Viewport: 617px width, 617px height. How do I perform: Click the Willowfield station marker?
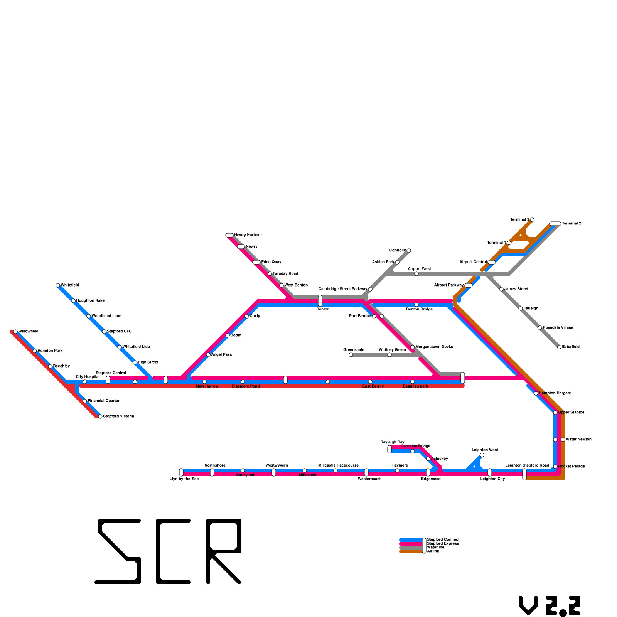tap(15, 332)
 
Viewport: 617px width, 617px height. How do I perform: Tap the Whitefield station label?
tap(70, 285)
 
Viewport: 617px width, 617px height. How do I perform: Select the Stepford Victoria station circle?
tap(100, 416)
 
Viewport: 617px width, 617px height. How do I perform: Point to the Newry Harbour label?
tap(248, 235)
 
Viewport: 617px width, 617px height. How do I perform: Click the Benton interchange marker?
tap(320, 301)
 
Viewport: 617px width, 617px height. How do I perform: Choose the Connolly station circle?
tap(409, 251)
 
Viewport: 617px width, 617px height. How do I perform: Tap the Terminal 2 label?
tap(571, 224)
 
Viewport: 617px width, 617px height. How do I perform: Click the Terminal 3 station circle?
tap(532, 220)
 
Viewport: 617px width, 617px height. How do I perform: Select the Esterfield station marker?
tap(559, 347)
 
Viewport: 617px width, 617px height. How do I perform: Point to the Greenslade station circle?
tap(351, 355)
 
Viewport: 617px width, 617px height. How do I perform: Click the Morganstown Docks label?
tap(434, 347)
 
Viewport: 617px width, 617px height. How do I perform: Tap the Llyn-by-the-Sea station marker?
tap(181, 472)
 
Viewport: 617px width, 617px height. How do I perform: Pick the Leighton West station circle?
tap(482, 455)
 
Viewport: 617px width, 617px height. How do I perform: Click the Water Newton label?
tap(578, 440)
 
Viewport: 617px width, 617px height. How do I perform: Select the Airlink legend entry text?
tap(433, 551)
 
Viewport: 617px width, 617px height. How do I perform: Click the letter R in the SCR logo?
tap(224, 551)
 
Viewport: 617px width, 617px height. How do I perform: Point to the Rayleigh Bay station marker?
tap(389, 449)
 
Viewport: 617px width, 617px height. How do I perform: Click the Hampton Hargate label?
tap(555, 393)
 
